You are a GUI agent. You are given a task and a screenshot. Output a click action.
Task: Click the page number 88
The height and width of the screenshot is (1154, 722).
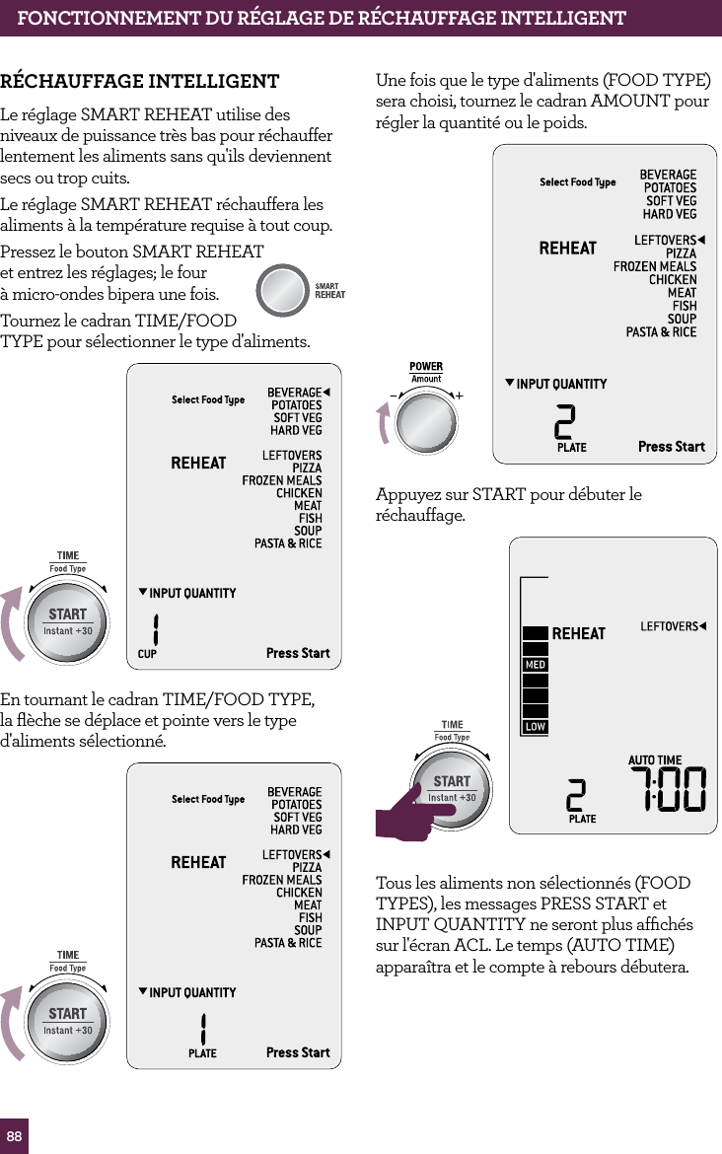(x=14, y=1136)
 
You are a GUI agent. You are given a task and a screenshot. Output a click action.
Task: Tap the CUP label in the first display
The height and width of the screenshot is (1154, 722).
(x=147, y=654)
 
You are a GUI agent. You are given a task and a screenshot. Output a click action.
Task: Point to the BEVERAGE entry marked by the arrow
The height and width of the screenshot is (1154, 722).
(x=294, y=393)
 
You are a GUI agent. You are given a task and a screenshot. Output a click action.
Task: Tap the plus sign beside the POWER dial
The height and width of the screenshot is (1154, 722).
(x=460, y=395)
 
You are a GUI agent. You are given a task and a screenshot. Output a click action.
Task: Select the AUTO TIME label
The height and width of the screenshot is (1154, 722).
(x=655, y=760)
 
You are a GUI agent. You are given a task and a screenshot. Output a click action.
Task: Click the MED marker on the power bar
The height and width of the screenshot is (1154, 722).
(x=535, y=665)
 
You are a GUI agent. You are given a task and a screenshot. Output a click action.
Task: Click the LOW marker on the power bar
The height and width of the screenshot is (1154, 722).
(x=535, y=727)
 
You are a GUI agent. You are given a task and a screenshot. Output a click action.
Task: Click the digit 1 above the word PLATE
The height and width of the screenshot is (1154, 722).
(x=202, y=1028)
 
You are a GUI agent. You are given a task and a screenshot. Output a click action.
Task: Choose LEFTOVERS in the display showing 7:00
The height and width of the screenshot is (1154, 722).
(x=669, y=626)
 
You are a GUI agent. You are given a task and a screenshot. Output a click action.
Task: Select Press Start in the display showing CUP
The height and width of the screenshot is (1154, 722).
(x=298, y=653)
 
